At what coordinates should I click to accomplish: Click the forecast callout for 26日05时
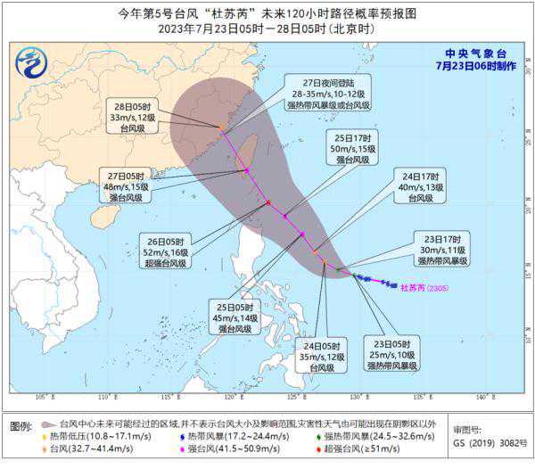point(166,251)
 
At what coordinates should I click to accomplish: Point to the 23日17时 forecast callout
point(440,250)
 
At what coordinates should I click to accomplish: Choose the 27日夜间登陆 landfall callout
point(329,95)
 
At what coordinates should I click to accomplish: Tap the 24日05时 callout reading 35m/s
point(321,356)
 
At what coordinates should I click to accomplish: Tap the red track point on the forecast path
point(267,203)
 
